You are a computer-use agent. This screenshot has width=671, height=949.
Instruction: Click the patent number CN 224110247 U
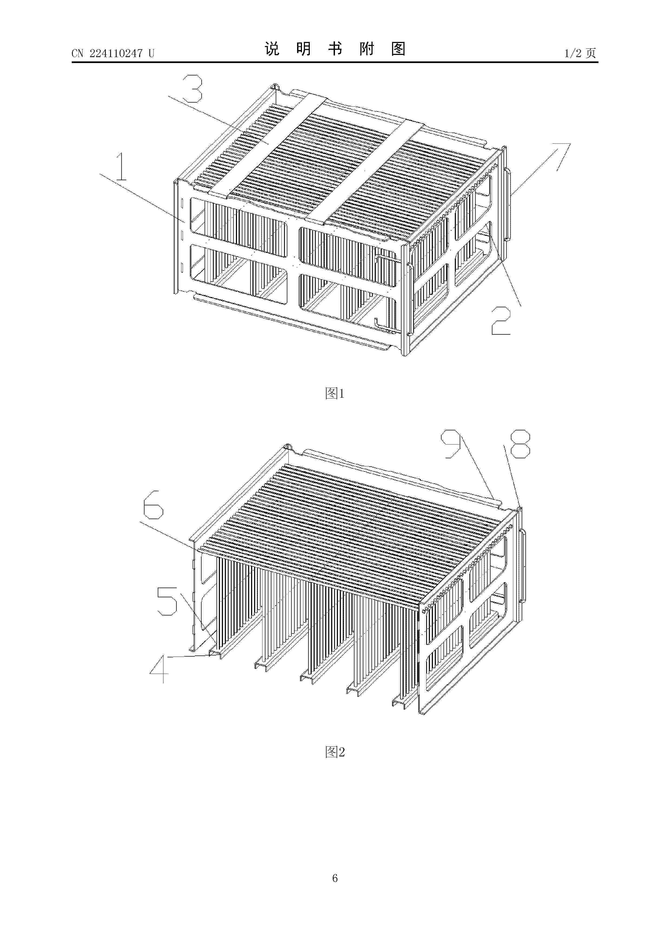[x=113, y=53]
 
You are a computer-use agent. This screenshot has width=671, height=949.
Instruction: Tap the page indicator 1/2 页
[x=580, y=53]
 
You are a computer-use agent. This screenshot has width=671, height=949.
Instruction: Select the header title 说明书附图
[x=335, y=49]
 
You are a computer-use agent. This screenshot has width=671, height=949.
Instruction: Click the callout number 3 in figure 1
[x=192, y=88]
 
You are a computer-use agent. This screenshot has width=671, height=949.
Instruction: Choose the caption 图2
[x=335, y=752]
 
